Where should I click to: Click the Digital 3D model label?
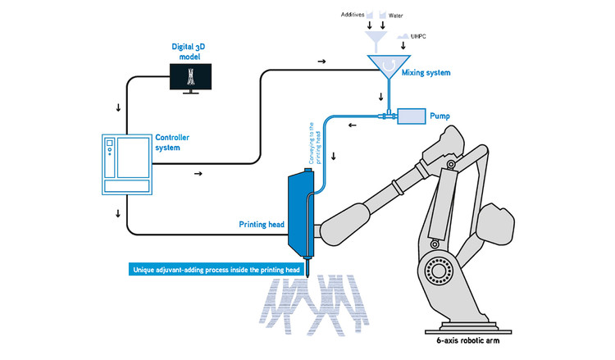189,54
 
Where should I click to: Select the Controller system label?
174,143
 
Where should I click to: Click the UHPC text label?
430,38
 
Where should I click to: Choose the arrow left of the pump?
352,125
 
